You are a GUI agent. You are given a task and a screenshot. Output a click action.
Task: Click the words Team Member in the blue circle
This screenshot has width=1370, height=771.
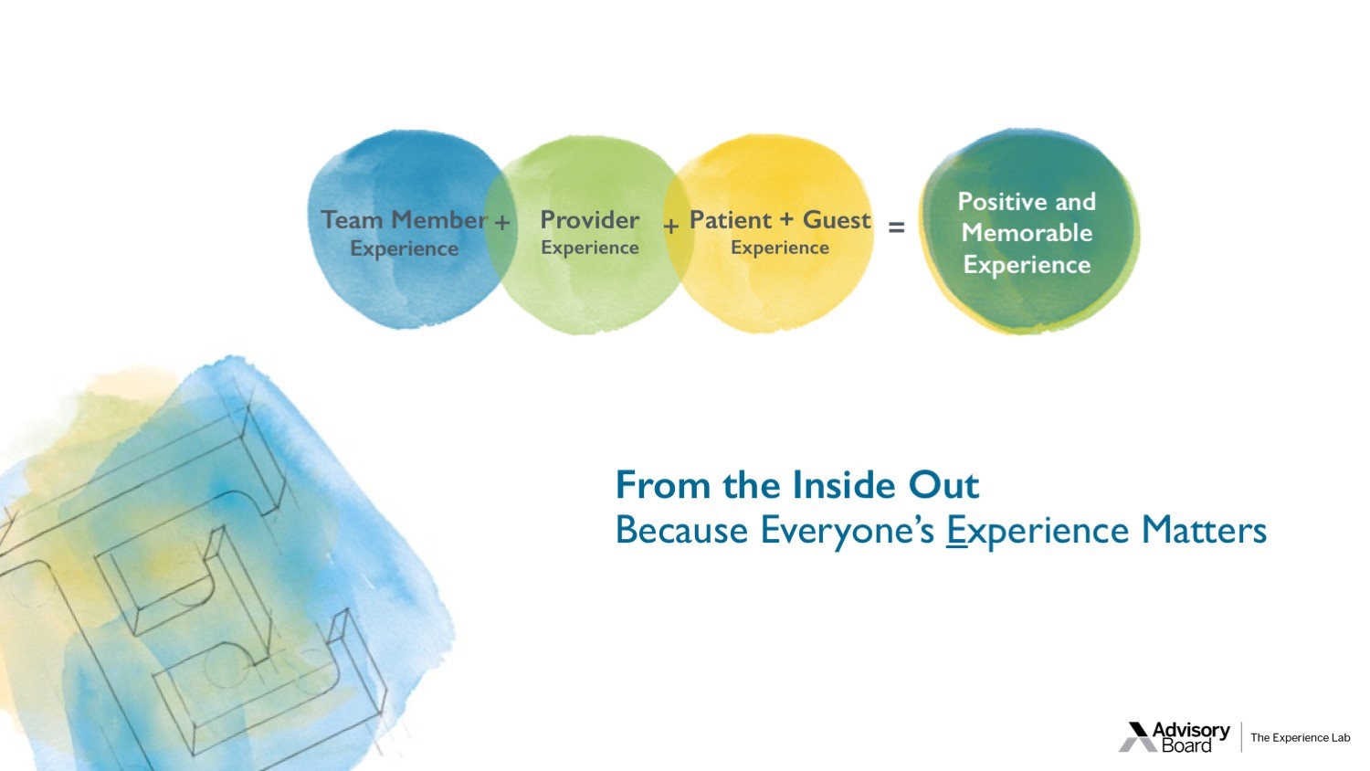pyautogui.click(x=404, y=219)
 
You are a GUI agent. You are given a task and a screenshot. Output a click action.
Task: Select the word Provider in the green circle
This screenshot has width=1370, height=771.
pyautogui.click(x=590, y=219)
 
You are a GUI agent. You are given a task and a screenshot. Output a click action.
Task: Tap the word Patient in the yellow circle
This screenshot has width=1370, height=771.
pyautogui.click(x=731, y=219)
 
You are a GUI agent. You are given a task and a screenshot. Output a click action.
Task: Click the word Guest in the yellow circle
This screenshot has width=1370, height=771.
pyautogui.click(x=836, y=219)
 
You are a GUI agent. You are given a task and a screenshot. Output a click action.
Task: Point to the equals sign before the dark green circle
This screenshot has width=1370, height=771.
pyautogui.click(x=896, y=227)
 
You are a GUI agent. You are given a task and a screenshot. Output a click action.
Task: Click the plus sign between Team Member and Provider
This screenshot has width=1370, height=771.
pyautogui.click(x=502, y=222)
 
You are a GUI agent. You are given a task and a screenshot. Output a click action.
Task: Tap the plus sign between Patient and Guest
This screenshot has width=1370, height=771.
pyautogui.click(x=786, y=219)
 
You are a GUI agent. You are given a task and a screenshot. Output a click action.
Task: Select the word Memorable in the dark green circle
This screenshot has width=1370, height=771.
pyautogui.click(x=1027, y=233)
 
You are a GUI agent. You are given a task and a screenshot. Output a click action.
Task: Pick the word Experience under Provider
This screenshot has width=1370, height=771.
pyautogui.click(x=590, y=248)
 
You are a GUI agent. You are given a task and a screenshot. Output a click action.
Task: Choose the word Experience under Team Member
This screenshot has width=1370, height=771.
pyautogui.click(x=404, y=249)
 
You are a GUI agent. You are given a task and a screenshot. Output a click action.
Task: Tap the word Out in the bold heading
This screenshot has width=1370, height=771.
pyautogui.click(x=943, y=485)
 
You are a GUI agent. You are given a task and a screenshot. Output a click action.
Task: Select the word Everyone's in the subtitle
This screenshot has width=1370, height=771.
pyautogui.click(x=848, y=530)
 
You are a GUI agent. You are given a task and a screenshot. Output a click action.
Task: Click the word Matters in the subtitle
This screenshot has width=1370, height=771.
pyautogui.click(x=1204, y=530)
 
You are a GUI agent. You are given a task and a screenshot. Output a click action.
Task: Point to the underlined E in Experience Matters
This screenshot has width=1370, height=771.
pyautogui.click(x=956, y=530)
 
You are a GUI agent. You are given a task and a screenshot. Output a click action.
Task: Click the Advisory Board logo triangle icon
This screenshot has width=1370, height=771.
pyautogui.click(x=1138, y=736)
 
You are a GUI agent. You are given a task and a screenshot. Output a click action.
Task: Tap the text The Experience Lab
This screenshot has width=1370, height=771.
pyautogui.click(x=1301, y=738)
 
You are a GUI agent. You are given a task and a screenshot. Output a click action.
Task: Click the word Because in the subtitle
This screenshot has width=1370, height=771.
pyautogui.click(x=681, y=530)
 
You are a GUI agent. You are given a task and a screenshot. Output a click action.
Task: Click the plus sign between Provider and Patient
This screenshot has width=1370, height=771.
pyautogui.click(x=671, y=227)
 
